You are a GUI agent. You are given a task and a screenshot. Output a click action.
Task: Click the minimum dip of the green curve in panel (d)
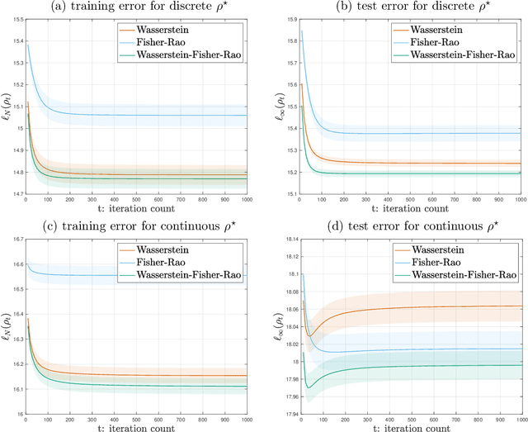point(309,387)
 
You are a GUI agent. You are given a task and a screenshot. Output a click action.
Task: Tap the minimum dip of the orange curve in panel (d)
point(310,335)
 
